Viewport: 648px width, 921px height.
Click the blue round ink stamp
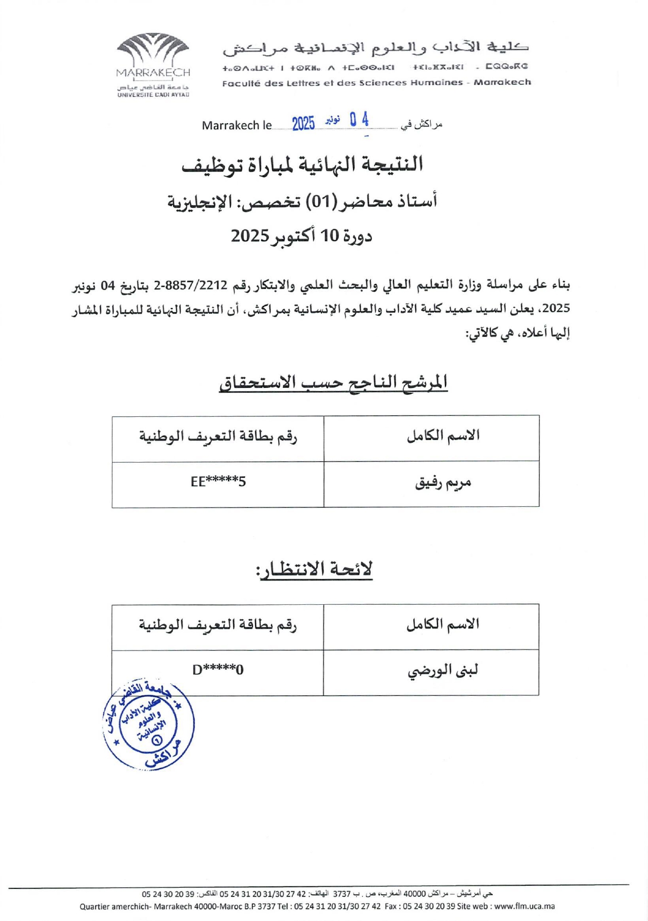tap(149, 725)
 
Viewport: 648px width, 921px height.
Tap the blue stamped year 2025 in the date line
tap(303, 124)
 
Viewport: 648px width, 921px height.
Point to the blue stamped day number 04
tap(359, 121)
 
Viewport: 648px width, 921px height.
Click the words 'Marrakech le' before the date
tap(237, 126)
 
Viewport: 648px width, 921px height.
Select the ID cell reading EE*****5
tap(218, 482)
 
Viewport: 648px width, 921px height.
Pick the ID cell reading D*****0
tap(218, 670)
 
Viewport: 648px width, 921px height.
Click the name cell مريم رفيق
tap(443, 483)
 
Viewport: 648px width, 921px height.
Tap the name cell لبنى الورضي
tap(442, 671)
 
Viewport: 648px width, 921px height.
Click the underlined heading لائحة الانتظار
tap(315, 569)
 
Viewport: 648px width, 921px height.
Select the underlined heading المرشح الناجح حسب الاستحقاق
tap(333, 382)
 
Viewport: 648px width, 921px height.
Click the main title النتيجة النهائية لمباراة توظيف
tap(302, 164)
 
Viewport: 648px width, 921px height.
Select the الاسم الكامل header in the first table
tap(443, 436)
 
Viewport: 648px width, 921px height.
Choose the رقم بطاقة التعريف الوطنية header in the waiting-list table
tap(218, 625)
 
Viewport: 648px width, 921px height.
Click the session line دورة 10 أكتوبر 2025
tap(302, 236)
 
